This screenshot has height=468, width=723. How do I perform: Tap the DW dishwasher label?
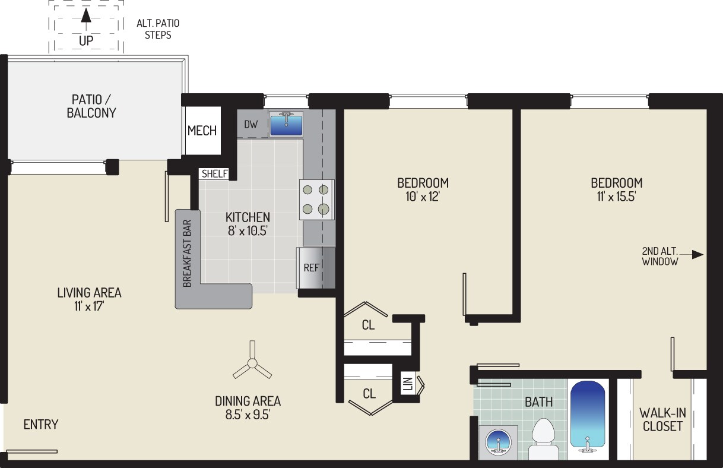pyautogui.click(x=251, y=125)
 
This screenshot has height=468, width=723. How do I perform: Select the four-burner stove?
pyautogui.click(x=316, y=200)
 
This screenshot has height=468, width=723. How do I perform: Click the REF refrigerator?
pyautogui.click(x=312, y=267)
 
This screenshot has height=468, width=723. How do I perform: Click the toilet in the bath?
pyautogui.click(x=543, y=439)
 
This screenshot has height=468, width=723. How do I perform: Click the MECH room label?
pyautogui.click(x=202, y=131)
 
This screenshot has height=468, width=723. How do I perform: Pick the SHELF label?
pyautogui.click(x=214, y=173)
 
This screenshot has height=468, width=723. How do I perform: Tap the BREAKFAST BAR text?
pyautogui.click(x=187, y=254)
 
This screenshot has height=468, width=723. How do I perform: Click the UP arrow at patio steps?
pyautogui.click(x=86, y=16)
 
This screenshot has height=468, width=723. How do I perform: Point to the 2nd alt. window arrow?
pyautogui.click(x=697, y=255)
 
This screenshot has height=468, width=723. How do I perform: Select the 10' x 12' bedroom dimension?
pyautogui.click(x=423, y=197)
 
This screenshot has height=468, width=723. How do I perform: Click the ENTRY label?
pyautogui.click(x=41, y=424)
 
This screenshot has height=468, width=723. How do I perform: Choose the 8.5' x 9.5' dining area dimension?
pyautogui.click(x=248, y=416)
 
